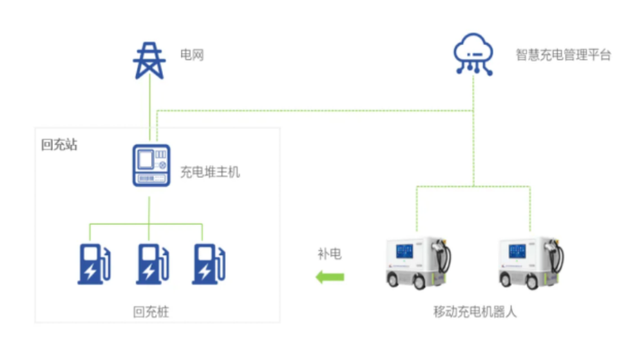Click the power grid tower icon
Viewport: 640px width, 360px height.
click(149, 61)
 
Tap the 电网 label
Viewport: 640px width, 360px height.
click(192, 55)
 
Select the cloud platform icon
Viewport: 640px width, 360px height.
click(474, 54)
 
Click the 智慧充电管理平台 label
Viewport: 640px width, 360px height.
click(563, 55)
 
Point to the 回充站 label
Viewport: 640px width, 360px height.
click(59, 144)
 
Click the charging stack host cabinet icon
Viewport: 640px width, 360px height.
click(152, 166)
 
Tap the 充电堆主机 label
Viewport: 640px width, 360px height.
click(210, 172)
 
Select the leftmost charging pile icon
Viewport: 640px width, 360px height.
click(94, 263)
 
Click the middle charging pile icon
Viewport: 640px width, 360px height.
click(153, 263)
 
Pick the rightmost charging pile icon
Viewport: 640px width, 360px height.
click(209, 263)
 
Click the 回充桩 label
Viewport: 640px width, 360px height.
click(151, 312)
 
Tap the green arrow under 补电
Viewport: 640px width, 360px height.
click(330, 277)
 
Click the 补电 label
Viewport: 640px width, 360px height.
click(330, 254)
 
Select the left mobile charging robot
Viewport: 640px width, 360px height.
click(419, 263)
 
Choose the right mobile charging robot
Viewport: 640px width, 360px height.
click(531, 263)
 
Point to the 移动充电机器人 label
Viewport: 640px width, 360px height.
click(475, 312)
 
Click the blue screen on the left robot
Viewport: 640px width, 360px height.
click(405, 251)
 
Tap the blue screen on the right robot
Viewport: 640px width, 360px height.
click(517, 251)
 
